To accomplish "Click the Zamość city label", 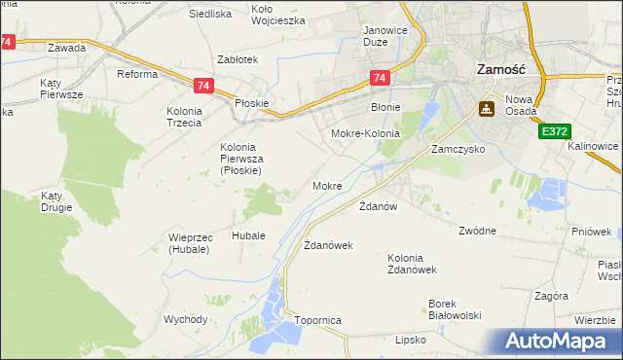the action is (501, 70).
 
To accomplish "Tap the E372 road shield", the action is (554, 130).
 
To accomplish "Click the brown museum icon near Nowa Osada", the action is (484, 110).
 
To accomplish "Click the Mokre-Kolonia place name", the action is (366, 133).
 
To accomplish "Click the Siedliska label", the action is (209, 15).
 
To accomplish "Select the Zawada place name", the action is (66, 48).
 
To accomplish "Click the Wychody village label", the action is (186, 319).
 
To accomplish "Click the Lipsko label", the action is (412, 340).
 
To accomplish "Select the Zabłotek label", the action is (237, 59).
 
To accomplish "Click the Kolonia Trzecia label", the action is (184, 117).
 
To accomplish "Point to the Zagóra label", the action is (551, 295).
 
